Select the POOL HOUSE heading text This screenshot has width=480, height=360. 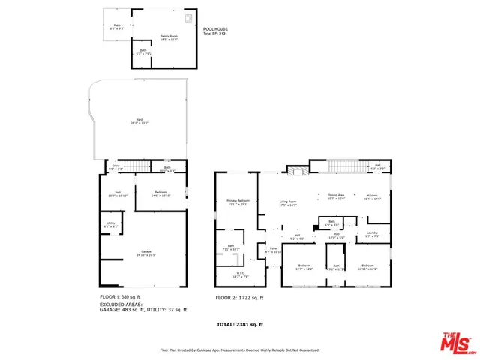[216, 28]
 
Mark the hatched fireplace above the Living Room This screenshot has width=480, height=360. [298, 171]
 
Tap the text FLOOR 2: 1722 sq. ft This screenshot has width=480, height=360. [239, 297]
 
